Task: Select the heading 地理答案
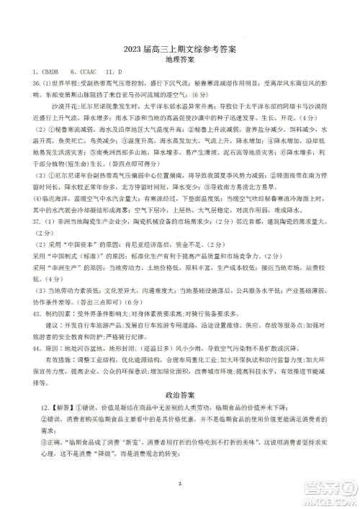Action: (179, 59)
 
